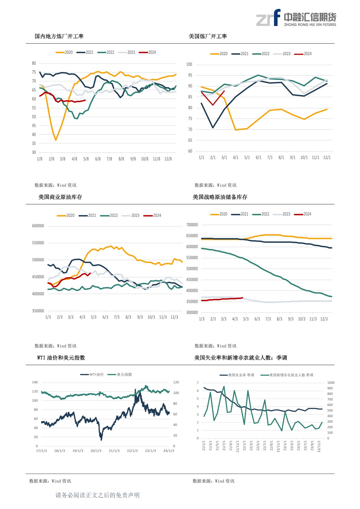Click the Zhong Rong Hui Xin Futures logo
pos(296,18)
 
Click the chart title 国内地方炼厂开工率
pos(59,36)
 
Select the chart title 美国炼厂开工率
pos(208,36)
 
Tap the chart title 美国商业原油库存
pos(60,197)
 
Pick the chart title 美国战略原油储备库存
pos(220,197)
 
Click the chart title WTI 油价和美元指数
pos(61,357)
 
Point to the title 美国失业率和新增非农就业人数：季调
pos(241,357)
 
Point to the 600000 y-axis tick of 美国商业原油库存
pos(38,226)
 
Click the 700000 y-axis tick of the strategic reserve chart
pos(192,225)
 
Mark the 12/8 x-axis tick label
pos(168,159)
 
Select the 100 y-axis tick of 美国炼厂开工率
pos(189,64)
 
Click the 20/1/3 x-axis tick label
pos(96,451)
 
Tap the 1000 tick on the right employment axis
pos(331,383)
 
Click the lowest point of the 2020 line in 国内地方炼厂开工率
pos(56,140)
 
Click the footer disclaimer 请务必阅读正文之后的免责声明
pos(97,495)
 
